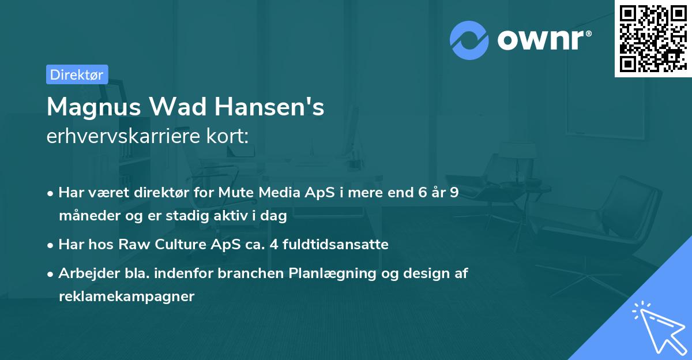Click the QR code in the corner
[653, 39]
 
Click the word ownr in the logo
[540, 39]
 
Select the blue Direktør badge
[77, 74]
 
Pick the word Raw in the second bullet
[131, 245]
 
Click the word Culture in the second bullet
[173, 245]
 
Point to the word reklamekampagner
[126, 297]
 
